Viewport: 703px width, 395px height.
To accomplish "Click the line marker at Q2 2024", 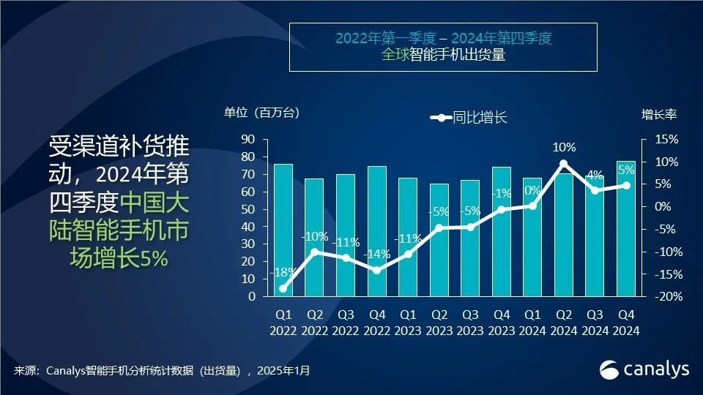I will pos(563,164).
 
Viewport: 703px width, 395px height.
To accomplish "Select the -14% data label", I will pos(376,255).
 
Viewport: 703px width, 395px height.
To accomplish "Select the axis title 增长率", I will pos(659,114).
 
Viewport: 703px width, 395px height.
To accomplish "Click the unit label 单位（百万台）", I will pos(262,113).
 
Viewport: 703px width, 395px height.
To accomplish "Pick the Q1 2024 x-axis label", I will pos(532,323).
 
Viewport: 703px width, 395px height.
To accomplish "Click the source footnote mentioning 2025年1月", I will pos(162,371).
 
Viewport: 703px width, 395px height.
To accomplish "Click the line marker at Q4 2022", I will pos(376,271).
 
